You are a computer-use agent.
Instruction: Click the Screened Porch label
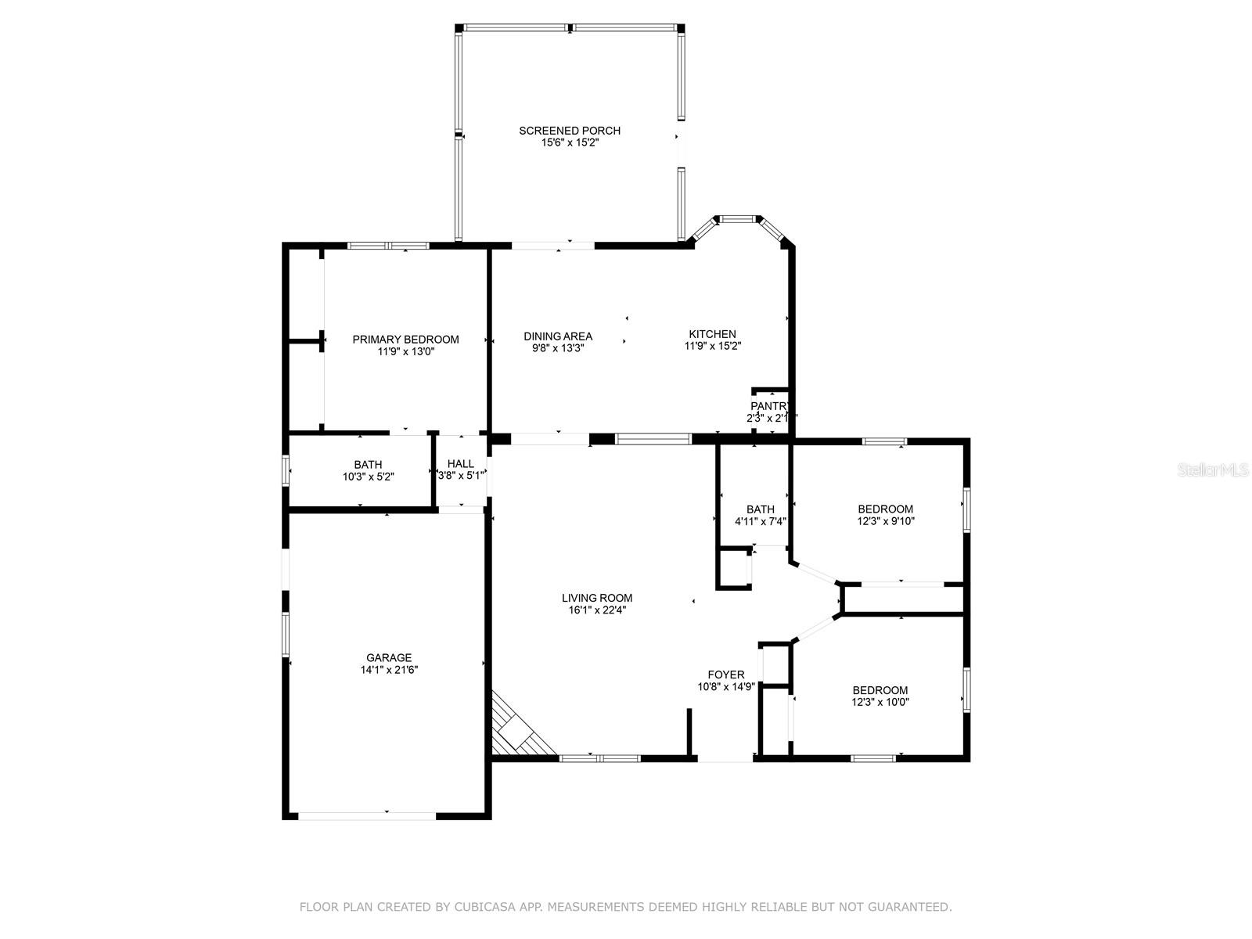coord(570,131)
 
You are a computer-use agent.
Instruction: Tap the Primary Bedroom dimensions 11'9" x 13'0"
coord(405,352)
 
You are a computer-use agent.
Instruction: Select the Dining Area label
coord(558,336)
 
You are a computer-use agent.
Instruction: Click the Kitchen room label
coord(712,334)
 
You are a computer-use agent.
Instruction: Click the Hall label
coord(461,464)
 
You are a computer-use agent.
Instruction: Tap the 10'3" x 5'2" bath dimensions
coord(368,477)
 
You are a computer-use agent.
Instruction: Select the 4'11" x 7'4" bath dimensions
coord(760,521)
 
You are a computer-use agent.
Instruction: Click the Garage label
coord(389,658)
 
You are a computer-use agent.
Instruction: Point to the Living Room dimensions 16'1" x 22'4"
coord(597,610)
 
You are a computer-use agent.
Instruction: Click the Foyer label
coord(726,675)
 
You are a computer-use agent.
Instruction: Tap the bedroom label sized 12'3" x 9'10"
coord(885,509)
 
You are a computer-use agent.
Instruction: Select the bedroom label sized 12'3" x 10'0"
coord(880,690)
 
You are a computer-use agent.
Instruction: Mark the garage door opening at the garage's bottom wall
coord(367,815)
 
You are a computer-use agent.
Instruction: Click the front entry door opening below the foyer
coord(725,757)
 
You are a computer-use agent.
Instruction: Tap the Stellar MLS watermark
coord(1212,470)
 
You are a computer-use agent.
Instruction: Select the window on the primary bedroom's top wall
coord(389,246)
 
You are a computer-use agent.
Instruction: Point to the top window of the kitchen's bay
coord(738,218)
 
